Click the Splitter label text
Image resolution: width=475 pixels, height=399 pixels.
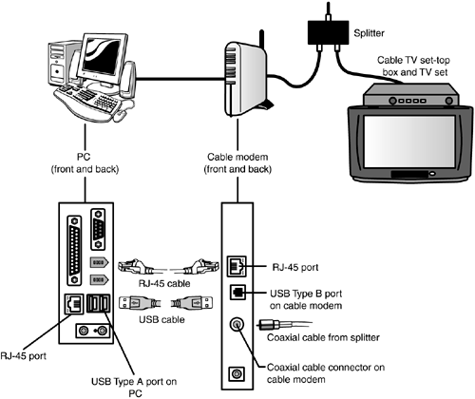click(369, 33)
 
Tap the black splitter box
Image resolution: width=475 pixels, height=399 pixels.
click(328, 32)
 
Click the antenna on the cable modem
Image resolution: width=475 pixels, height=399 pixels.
click(261, 39)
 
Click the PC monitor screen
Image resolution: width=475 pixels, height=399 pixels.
click(103, 57)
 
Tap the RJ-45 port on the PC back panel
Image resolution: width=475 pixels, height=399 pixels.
click(74, 304)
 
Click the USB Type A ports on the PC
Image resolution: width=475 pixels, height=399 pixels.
click(98, 303)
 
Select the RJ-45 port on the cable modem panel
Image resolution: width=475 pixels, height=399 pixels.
click(237, 266)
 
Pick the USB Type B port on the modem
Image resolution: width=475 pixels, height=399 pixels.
click(237, 293)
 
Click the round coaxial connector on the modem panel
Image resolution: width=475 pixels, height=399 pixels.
click(237, 325)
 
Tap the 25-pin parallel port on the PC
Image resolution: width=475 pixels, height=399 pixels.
click(74, 250)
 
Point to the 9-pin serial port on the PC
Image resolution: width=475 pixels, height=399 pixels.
click(98, 229)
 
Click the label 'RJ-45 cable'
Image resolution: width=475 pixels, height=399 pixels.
click(164, 283)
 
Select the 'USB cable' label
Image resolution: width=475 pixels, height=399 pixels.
click(161, 319)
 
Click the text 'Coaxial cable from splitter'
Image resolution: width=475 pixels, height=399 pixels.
click(323, 337)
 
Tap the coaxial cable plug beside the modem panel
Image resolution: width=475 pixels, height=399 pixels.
click(269, 325)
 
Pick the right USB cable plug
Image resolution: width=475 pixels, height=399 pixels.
click(192, 303)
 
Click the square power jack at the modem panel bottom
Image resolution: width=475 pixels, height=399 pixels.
click(237, 374)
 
